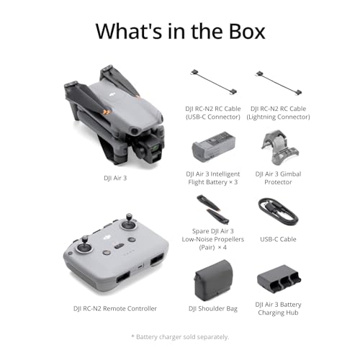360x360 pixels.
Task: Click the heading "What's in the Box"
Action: coord(180,31)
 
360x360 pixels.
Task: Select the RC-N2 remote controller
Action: coord(115,252)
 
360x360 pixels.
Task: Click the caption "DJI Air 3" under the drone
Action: coord(114,177)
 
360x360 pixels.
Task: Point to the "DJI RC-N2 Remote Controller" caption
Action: coord(115,308)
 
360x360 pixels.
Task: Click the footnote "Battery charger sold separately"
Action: coord(180,337)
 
